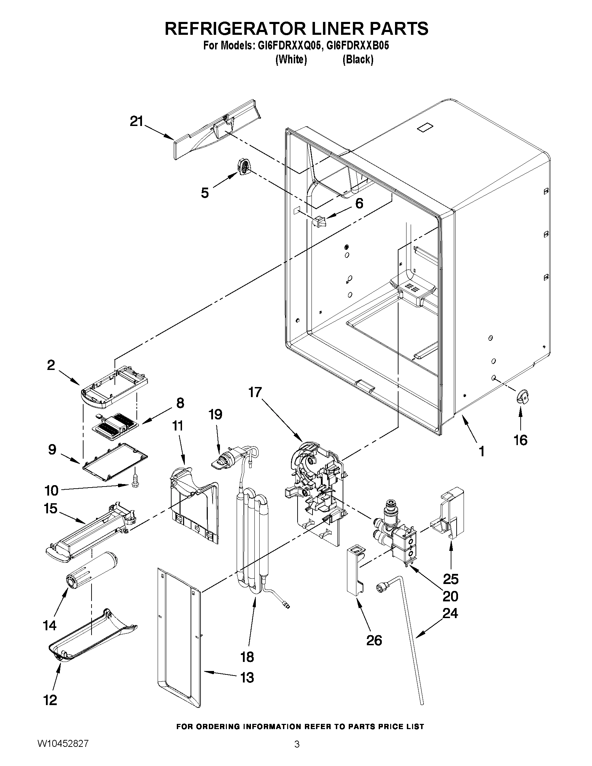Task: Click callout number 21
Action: click(x=137, y=121)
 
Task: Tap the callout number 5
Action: click(x=205, y=192)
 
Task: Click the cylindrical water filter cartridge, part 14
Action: click(x=92, y=571)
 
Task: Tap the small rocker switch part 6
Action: click(x=319, y=221)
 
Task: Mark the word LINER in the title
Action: click(x=326, y=29)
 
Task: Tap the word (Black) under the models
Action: click(x=358, y=60)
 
